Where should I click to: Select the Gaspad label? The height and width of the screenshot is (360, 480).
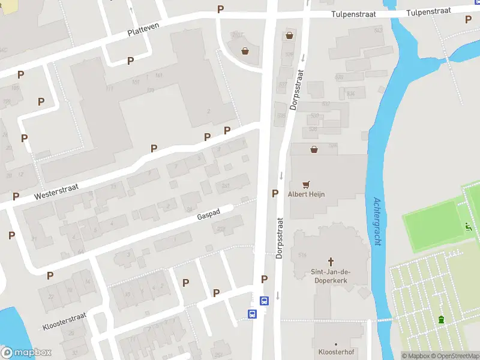(x=209, y=214)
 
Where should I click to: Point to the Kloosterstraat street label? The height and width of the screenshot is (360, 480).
(x=64, y=321)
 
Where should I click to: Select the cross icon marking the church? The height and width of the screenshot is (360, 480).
(x=331, y=262)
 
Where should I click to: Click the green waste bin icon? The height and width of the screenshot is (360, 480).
(x=442, y=319)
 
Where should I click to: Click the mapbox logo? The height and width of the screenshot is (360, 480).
(x=26, y=352)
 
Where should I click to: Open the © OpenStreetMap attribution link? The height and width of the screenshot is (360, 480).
(x=454, y=356)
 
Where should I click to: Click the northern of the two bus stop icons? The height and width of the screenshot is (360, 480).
(x=263, y=301)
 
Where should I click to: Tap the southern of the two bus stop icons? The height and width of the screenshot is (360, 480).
(x=253, y=314)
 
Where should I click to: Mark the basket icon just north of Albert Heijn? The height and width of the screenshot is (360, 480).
(x=313, y=149)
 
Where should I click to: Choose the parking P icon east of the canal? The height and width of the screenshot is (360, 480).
(x=468, y=19)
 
